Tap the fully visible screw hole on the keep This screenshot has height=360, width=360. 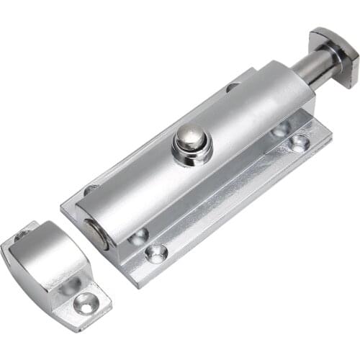[x=84, y=305]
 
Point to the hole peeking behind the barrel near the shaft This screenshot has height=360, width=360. [x=232, y=87]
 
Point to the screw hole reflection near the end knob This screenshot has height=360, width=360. [x=279, y=130]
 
